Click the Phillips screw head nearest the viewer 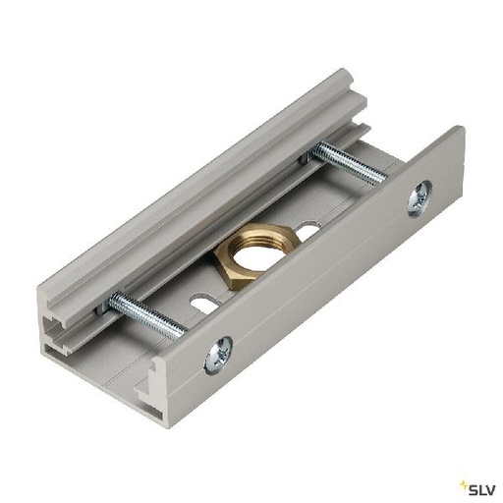[x=217, y=353]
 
